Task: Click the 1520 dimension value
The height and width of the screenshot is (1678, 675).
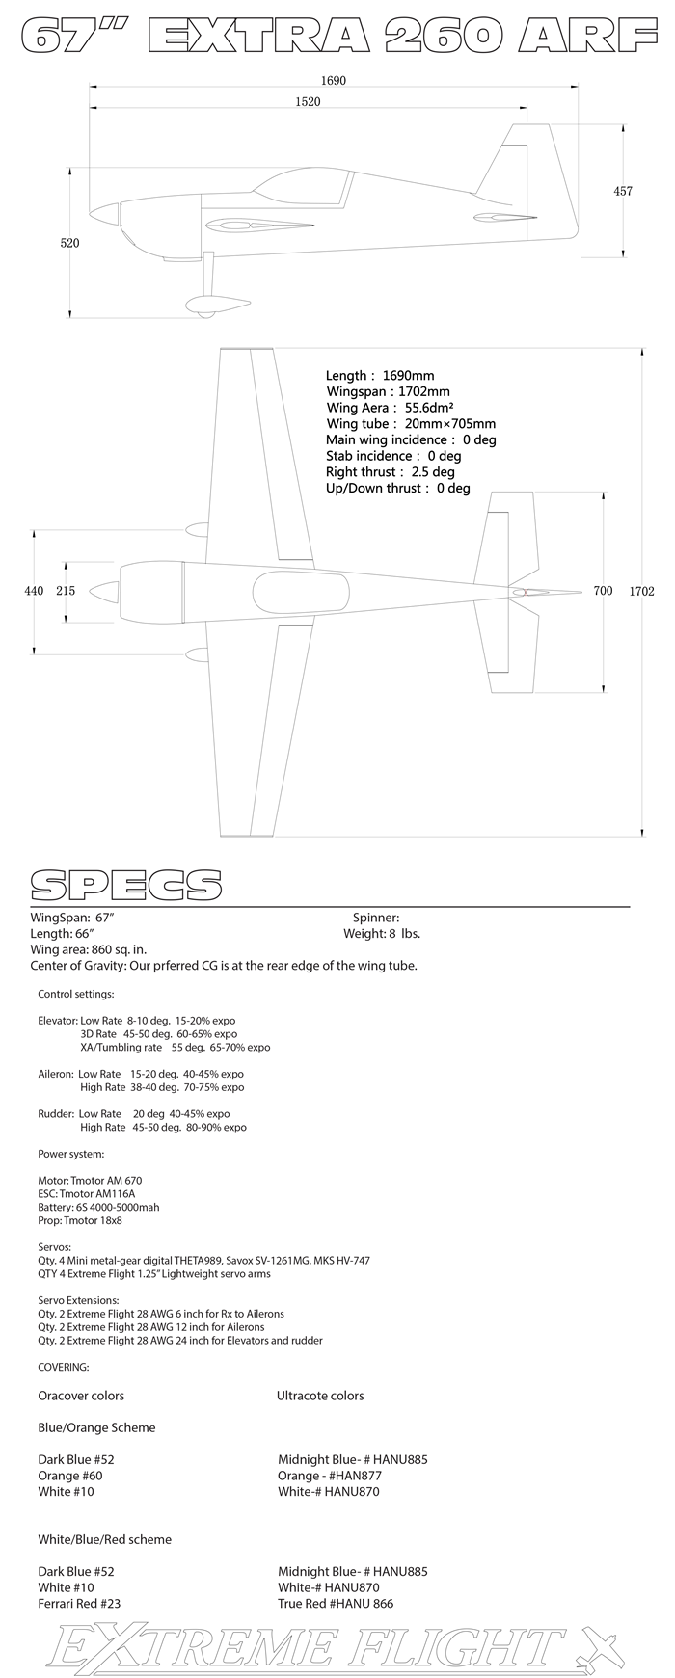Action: click(308, 101)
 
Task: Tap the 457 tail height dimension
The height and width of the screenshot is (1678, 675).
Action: click(623, 191)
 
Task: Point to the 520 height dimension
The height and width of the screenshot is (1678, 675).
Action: click(69, 243)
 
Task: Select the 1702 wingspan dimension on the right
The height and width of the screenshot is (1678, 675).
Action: click(641, 591)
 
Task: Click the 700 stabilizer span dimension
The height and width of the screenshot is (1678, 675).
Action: click(603, 591)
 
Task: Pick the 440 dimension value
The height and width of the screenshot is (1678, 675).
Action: click(34, 591)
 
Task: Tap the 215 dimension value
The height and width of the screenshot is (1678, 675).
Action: click(66, 591)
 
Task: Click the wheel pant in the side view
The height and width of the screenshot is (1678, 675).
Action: click(216, 305)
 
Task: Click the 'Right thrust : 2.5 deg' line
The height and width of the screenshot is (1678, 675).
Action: click(390, 472)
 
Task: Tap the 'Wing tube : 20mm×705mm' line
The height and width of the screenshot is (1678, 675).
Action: click(411, 424)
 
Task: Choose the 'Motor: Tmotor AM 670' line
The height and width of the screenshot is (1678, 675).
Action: click(90, 1180)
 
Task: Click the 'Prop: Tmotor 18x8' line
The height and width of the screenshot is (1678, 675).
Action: click(80, 1220)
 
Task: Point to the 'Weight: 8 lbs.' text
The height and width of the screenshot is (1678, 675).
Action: click(382, 934)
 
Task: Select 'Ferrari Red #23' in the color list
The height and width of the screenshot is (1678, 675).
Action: click(79, 1604)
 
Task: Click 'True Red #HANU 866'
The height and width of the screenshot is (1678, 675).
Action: click(336, 1604)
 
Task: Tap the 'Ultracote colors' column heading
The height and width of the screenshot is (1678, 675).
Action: click(320, 1396)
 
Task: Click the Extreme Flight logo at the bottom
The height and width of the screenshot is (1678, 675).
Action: click(337, 1647)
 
